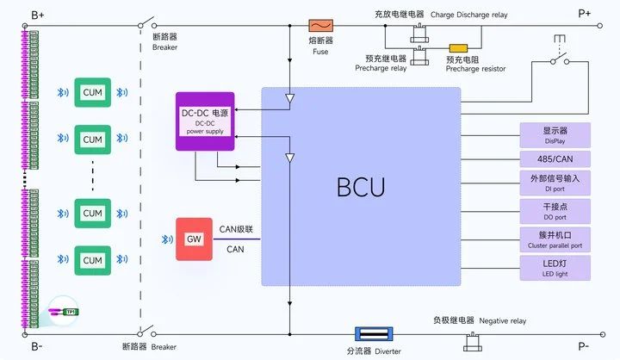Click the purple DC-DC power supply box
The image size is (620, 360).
pyautogui.click(x=204, y=121)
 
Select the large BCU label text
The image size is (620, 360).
pyautogui.click(x=360, y=186)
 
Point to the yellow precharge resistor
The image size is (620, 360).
pyautogui.click(x=458, y=48)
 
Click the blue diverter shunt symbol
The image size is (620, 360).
pyautogui.click(x=375, y=333)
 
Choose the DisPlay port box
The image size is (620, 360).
pyautogui.click(x=555, y=134)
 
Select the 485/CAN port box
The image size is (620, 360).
pyautogui.click(x=555, y=159)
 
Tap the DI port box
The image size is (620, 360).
pyautogui.click(x=555, y=183)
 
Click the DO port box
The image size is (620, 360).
pyautogui.click(x=555, y=210)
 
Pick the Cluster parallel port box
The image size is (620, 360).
pyautogui.click(x=555, y=239)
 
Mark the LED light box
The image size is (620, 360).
pyautogui.click(x=555, y=267)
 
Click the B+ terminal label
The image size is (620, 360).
pyautogui.click(x=37, y=14)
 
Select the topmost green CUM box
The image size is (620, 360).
pyautogui.click(x=92, y=92)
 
